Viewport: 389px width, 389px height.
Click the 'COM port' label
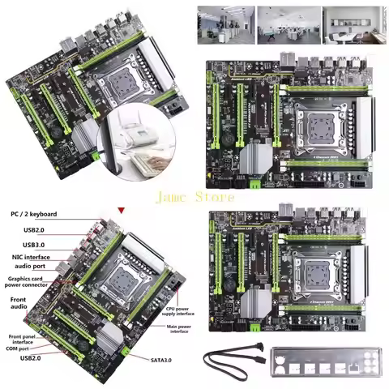click(24, 349)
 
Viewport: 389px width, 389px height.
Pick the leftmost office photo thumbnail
click(226, 24)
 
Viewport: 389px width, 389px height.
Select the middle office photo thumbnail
click(288, 24)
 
